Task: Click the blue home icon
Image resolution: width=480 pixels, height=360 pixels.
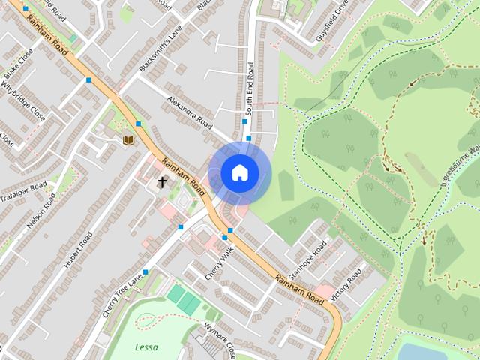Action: click(x=239, y=173)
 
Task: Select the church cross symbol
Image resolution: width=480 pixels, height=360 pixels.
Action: click(x=161, y=182)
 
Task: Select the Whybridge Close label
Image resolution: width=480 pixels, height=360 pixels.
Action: click(x=22, y=101)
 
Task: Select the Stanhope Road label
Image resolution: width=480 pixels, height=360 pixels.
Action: click(x=305, y=258)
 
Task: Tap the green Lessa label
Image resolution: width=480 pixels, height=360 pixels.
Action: click(x=146, y=346)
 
